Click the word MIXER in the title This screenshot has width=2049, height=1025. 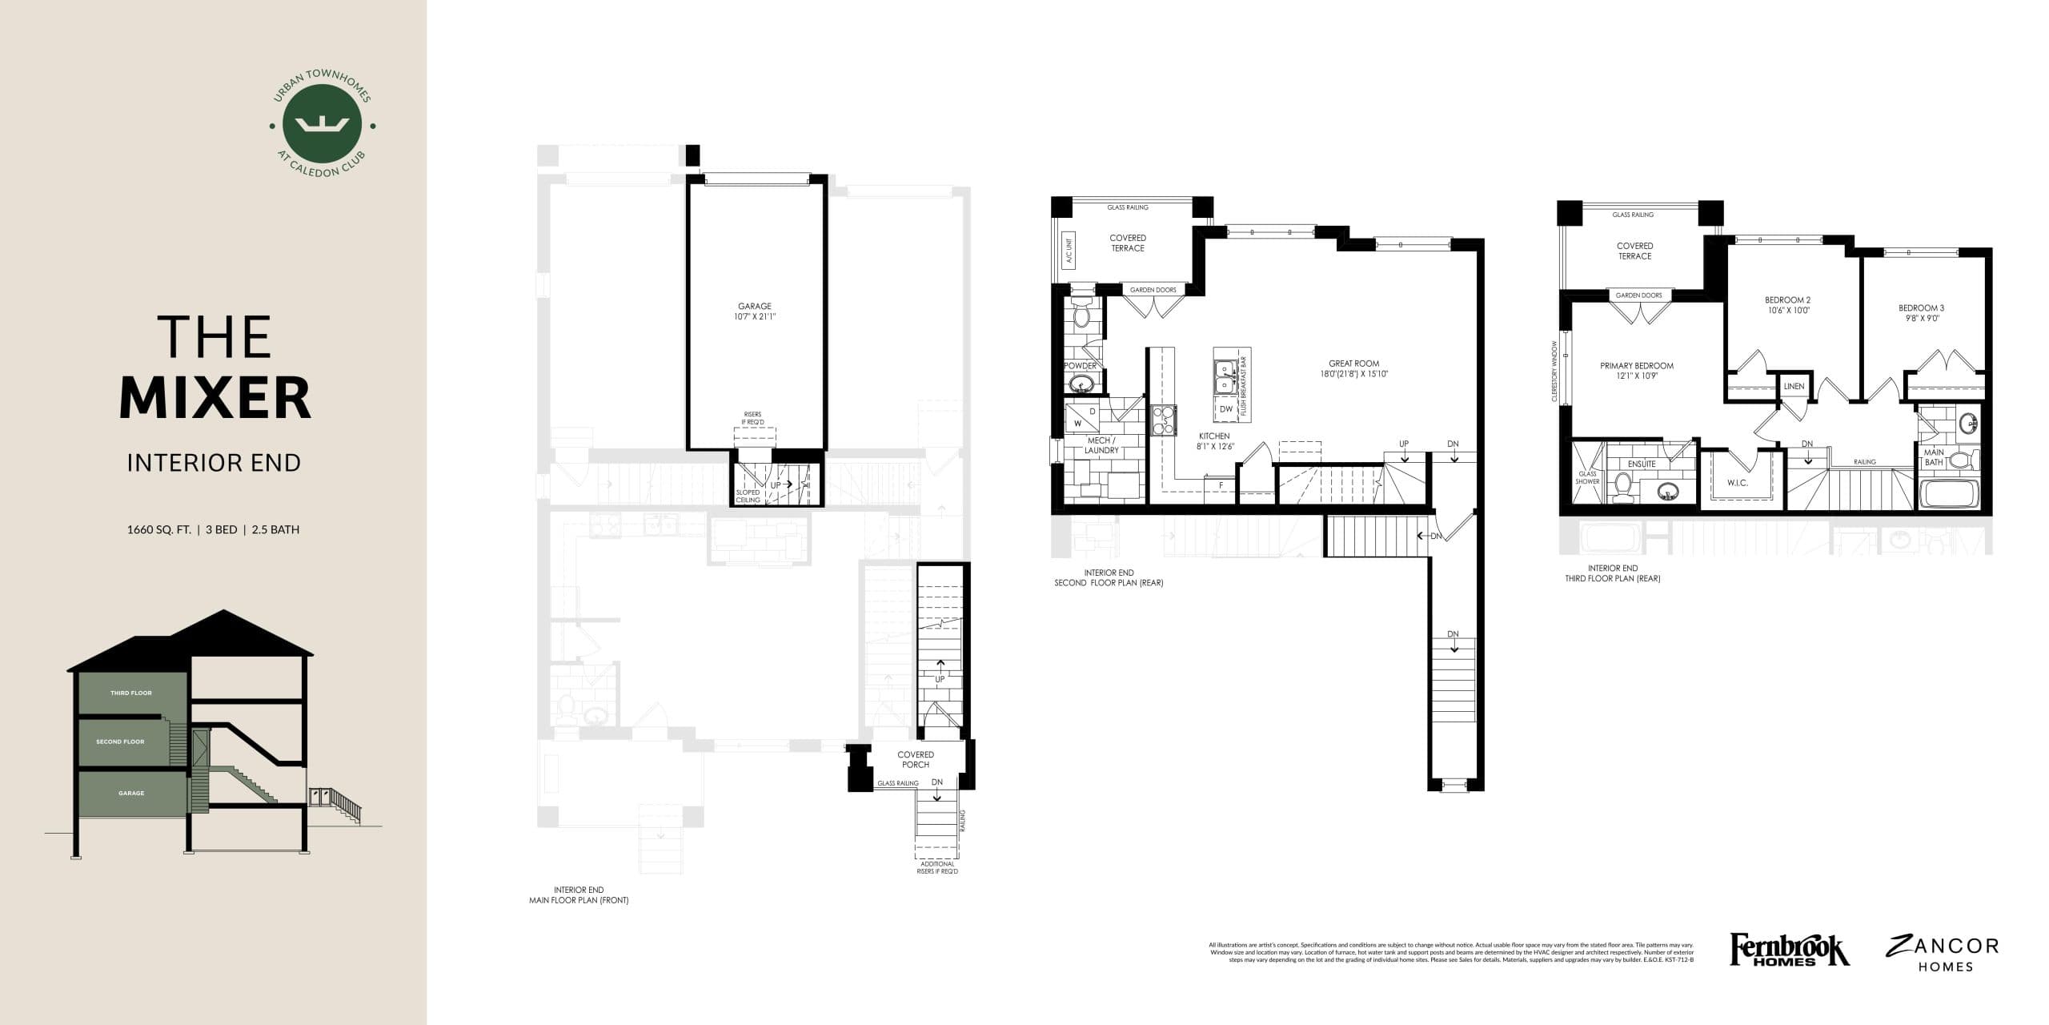tap(215, 398)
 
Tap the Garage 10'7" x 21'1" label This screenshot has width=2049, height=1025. tap(754, 312)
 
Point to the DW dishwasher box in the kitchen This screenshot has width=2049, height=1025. tap(1226, 408)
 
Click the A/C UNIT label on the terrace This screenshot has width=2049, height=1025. tap(1067, 252)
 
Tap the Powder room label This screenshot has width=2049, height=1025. tap(1080, 366)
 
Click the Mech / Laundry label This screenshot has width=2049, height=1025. tap(1101, 445)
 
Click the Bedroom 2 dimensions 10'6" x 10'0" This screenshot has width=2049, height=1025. tap(1787, 311)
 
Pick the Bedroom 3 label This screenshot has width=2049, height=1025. tap(1921, 307)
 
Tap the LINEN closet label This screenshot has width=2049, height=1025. tap(1794, 386)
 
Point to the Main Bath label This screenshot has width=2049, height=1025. tap(1934, 457)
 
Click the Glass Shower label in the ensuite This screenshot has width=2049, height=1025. tap(1587, 477)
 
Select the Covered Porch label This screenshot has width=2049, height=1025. tap(915, 759)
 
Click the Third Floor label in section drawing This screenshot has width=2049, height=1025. tap(130, 693)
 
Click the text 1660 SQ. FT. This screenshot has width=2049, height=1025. tap(158, 529)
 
